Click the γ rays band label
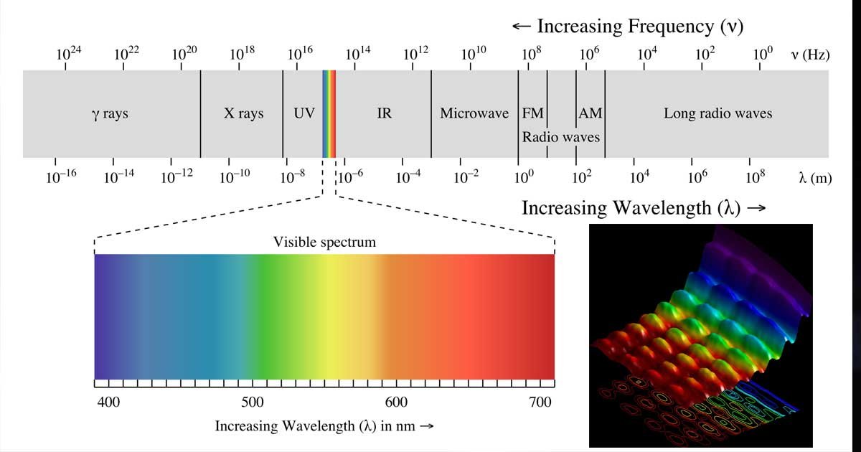pos(110,113)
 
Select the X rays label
pos(244,113)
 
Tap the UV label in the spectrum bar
pos(304,113)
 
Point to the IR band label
pos(385,113)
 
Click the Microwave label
pos(474,113)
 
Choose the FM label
pos(532,113)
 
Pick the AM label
pos(590,113)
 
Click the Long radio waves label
pos(717,113)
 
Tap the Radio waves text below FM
pos(561,136)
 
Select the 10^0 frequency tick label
pos(763,55)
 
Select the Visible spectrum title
pos(324,242)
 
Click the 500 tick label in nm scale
pos(252,402)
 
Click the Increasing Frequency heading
pos(628,27)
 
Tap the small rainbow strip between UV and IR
pos(329,113)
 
